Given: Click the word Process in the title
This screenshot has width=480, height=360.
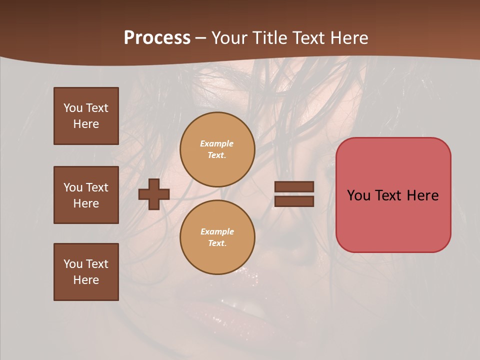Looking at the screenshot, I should point(157,38).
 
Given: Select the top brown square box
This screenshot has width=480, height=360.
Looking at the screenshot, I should point(86,116).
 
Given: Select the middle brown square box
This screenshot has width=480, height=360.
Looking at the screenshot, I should point(86,195).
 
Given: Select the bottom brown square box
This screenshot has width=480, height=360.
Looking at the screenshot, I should point(86,272).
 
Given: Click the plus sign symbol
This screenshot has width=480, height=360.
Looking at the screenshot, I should point(153,194).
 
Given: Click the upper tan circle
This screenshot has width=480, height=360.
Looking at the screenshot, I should point(217,149).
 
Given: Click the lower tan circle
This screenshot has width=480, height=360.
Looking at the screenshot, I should point(217,237).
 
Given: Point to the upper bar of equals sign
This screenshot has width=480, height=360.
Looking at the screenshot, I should point(294,187).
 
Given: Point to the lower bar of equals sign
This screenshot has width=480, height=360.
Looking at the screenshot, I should point(294,201).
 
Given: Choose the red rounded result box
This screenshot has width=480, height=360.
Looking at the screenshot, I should point(393,195).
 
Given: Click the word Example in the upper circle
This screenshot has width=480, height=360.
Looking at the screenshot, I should point(216,143).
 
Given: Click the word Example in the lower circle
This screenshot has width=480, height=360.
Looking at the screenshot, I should point(217,231).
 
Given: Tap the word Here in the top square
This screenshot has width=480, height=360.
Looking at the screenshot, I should point(86,124).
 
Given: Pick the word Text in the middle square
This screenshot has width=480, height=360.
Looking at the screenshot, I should point(97,187).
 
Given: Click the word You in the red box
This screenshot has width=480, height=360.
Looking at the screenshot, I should point(358,195).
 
